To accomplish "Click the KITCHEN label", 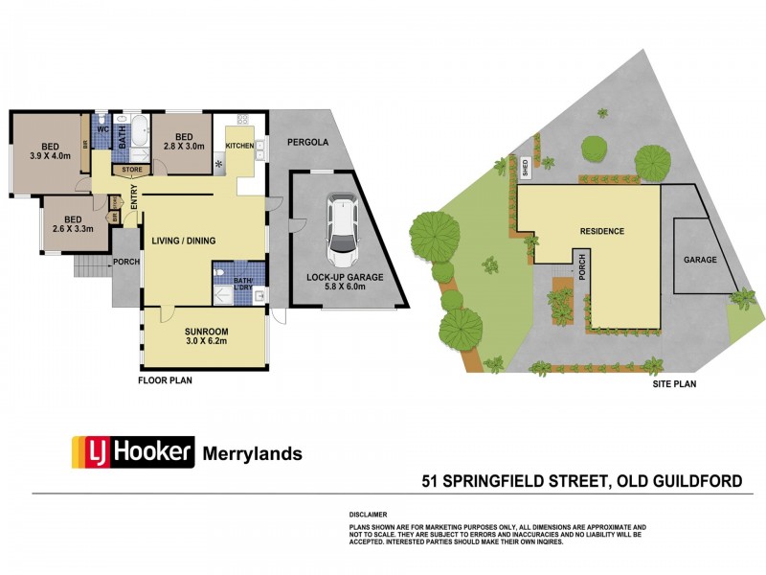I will pos(239,146).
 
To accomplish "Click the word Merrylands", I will pos(252,453).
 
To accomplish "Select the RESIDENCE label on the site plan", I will pos(601,231).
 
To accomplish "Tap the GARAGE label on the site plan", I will pos(700,260).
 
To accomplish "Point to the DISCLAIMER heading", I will pos(368,515).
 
